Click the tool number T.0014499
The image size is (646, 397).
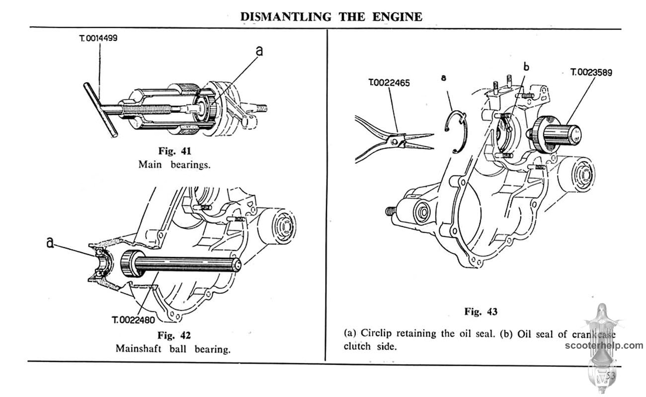coord(98,38)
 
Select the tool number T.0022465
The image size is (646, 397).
coord(389,83)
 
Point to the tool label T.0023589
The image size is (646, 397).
coord(591,72)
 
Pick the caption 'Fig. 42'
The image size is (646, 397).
coord(173,335)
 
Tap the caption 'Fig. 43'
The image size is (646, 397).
coord(481,312)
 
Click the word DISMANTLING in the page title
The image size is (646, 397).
coord(286,16)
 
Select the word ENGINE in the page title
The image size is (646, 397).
coord(398,16)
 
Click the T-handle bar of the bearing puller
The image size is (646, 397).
coord(100,109)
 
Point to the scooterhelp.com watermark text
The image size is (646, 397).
coord(603,345)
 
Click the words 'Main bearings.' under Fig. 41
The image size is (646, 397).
coord(174,165)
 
